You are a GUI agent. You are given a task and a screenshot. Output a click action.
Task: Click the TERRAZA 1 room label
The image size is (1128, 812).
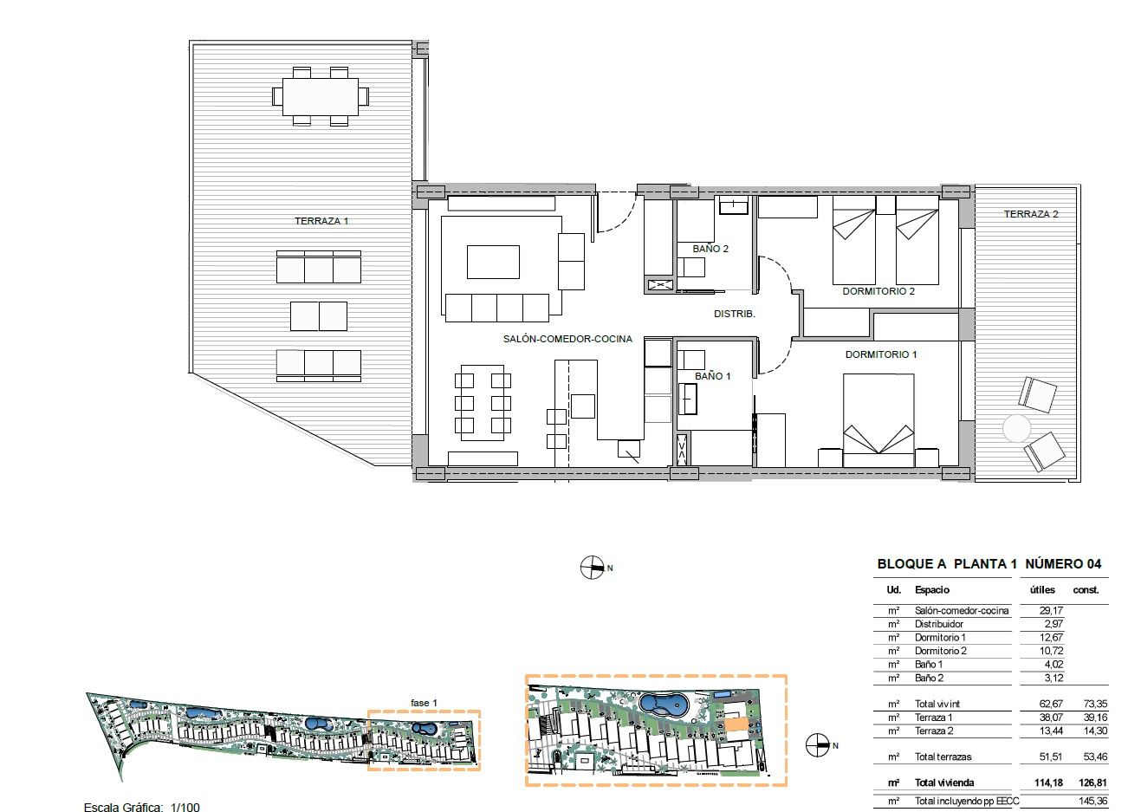321,221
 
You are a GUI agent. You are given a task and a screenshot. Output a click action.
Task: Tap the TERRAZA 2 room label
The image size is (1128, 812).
1031,214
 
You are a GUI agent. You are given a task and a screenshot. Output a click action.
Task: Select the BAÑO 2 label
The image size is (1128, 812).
710,249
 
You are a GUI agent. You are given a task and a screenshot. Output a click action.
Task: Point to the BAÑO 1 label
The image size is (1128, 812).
712,376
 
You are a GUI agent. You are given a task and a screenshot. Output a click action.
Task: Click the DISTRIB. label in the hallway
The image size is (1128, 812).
734,314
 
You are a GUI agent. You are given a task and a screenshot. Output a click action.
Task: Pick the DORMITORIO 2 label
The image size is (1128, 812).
878,291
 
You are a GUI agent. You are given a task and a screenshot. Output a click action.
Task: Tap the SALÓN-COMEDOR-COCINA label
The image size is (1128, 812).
567,339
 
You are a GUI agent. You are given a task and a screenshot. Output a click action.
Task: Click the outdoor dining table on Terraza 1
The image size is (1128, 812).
321,96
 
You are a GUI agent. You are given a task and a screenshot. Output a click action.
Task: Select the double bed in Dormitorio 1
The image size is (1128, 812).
878,419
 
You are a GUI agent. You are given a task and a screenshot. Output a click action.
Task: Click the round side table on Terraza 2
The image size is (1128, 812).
1016,428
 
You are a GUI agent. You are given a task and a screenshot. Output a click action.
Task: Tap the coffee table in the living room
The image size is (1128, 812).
493,262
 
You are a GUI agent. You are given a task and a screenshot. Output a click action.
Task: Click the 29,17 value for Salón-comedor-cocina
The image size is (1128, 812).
1051,610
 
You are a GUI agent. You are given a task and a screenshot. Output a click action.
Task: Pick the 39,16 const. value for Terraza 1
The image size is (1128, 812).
1095,718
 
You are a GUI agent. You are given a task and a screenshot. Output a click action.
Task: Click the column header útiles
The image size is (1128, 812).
1042,590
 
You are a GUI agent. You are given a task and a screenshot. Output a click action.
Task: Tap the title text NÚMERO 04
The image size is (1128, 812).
1063,563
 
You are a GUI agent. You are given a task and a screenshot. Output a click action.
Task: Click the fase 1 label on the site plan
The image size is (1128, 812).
424,703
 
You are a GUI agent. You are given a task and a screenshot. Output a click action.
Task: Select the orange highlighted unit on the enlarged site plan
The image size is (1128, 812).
736,724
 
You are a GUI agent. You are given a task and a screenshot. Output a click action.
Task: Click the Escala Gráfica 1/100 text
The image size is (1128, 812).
142,807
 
